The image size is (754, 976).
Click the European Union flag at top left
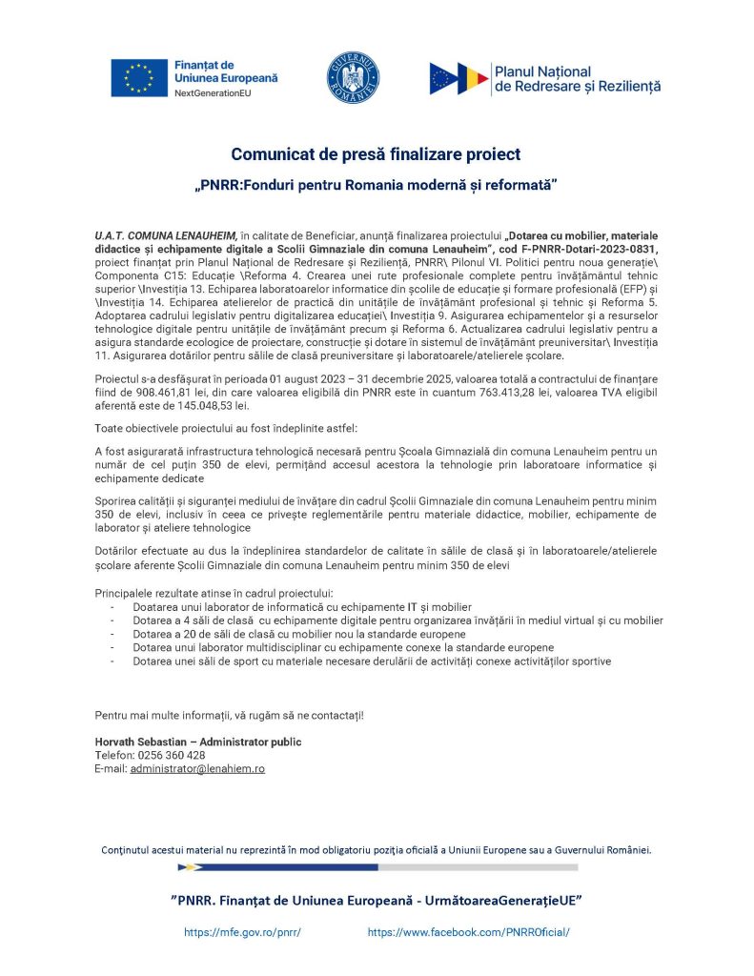(139, 78)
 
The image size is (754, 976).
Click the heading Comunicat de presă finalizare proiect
(376, 153)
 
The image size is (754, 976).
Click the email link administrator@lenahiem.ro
(197, 768)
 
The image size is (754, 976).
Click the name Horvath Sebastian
(139, 742)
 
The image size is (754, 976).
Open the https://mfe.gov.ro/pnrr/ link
(242, 932)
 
